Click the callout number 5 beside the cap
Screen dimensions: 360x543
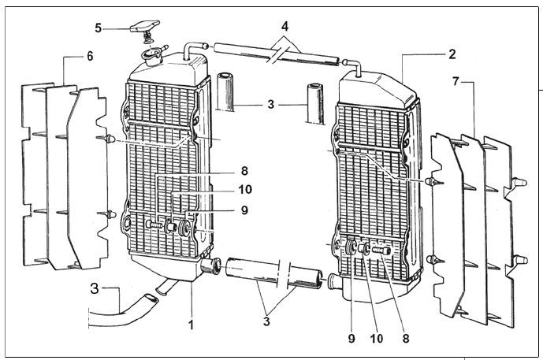tap(99, 28)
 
